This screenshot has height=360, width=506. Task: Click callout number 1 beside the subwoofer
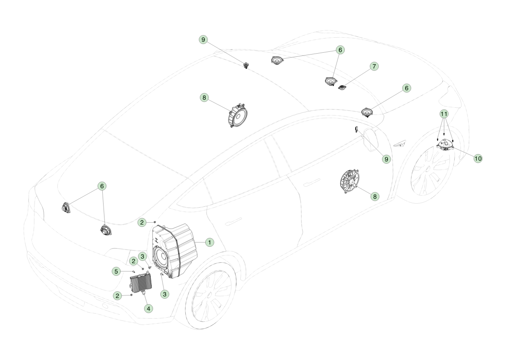point(209,242)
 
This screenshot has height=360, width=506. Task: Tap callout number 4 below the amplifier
point(149,309)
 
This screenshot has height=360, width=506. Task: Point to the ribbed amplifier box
point(141,283)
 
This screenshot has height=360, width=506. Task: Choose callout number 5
point(116,271)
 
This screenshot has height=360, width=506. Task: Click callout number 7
point(374,66)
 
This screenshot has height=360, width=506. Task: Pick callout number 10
point(478,159)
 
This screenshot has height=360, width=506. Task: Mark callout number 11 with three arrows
point(444,114)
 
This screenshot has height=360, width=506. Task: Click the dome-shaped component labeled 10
point(445,144)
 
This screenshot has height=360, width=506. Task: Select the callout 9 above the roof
point(203,40)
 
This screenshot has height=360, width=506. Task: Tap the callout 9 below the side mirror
point(386,159)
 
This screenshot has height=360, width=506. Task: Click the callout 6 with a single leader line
point(407,88)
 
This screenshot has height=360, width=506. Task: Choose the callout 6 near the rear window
point(102,186)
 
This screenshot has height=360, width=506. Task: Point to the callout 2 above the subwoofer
point(142,222)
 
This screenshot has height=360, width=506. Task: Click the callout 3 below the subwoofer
point(164,294)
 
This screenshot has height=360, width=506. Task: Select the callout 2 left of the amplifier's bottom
point(118,296)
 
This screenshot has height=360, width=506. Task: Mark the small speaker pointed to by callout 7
point(342,87)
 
